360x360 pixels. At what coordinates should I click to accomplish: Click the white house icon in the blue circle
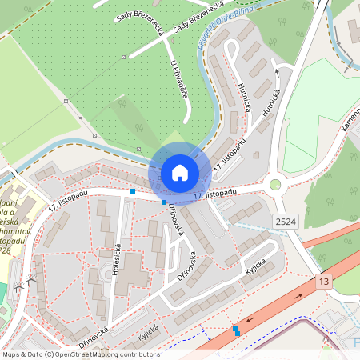[179, 172]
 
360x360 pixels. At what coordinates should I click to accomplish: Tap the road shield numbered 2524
[286, 220]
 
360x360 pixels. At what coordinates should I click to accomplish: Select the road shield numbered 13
[323, 282]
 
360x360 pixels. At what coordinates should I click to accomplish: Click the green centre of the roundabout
[276, 185]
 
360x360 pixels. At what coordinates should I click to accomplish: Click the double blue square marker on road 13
[236, 330]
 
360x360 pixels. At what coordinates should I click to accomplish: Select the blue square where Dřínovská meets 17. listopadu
[164, 202]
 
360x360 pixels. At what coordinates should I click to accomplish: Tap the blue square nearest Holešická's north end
[133, 191]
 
